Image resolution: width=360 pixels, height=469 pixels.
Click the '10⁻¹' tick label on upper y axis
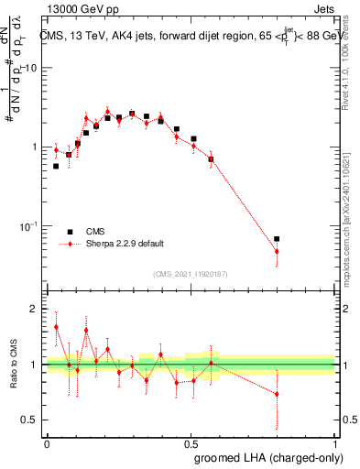coord(30,226)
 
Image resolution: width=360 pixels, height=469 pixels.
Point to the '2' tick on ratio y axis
coord(35,309)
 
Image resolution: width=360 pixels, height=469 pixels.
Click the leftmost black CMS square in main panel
coord(56,166)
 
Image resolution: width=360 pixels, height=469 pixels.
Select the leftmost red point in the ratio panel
coord(56,327)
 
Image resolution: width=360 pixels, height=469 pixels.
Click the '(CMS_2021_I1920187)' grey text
coord(191,273)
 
